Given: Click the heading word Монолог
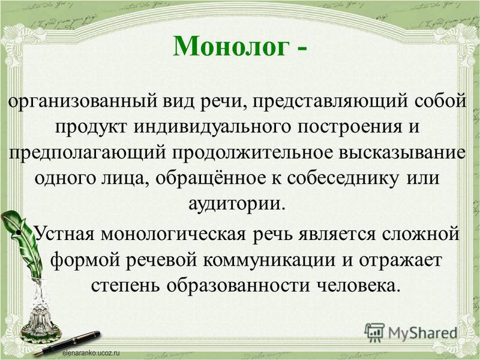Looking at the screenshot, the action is coord(231,46).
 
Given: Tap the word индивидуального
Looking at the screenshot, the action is coord(212,127).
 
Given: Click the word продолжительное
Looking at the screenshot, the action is coord(252,153).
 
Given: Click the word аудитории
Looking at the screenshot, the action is coord(235,205).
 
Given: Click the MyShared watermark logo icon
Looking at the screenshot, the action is coord(374,332).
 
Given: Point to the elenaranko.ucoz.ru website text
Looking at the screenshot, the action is coord(91,353).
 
